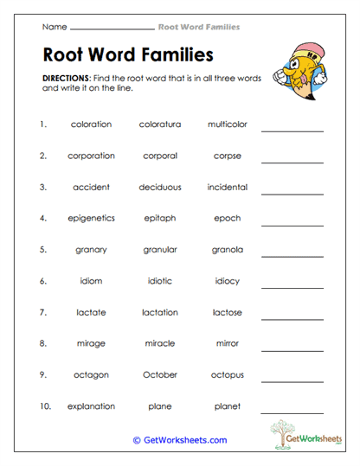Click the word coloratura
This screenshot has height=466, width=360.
point(160,124)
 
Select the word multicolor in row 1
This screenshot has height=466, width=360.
point(228,124)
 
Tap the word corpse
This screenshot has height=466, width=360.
point(228,156)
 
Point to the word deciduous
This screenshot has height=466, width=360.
point(160,187)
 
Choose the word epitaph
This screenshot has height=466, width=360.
point(160,219)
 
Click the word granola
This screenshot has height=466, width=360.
point(228,250)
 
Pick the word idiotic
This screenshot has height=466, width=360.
point(160,281)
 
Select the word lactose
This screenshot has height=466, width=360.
point(228,312)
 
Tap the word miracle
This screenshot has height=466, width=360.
point(160,343)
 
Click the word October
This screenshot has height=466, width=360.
point(160,375)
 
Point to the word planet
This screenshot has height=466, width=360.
point(228,406)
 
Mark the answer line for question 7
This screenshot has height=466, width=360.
point(292,318)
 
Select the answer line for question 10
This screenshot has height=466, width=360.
point(292,412)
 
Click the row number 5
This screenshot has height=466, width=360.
point(42,250)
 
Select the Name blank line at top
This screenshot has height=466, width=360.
point(109,29)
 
